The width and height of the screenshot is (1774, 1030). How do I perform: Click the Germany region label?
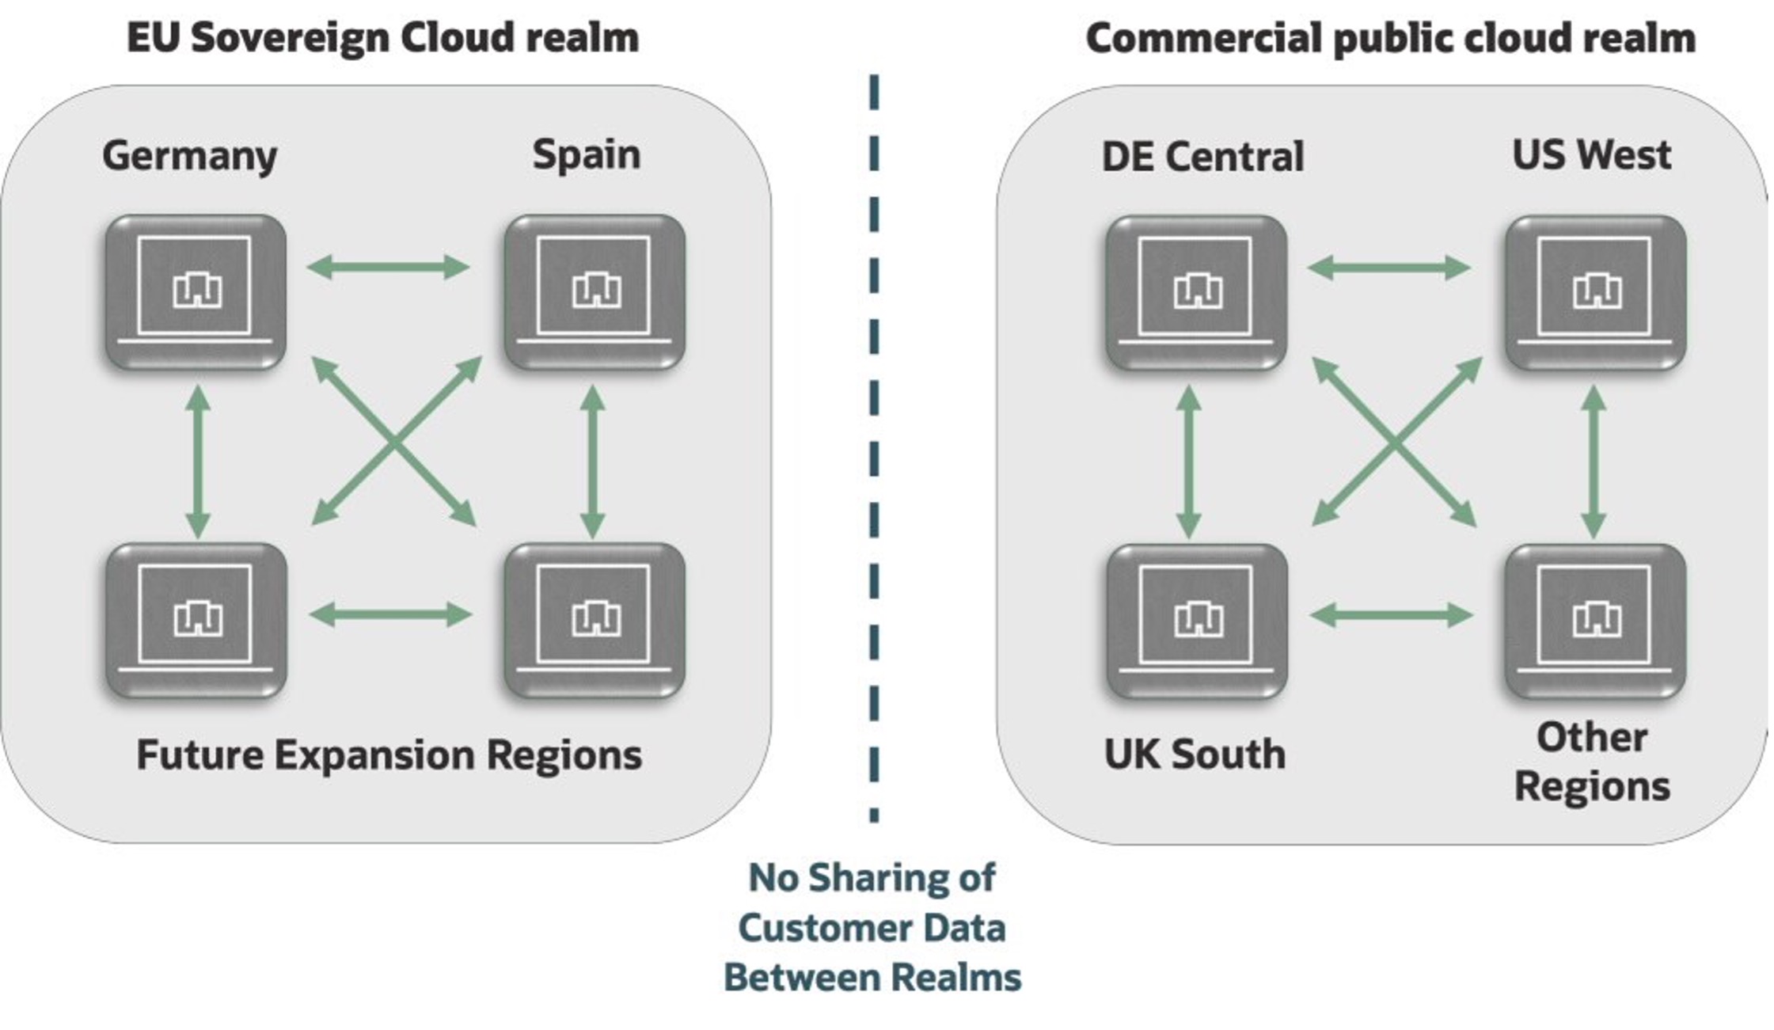(190, 156)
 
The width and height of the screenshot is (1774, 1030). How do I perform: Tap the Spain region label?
(586, 154)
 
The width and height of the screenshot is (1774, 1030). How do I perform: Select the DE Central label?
(1202, 156)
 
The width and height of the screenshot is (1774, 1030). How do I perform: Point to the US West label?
(1591, 154)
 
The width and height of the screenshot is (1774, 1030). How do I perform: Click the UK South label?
(1195, 754)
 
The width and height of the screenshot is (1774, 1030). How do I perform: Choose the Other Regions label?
(1592, 762)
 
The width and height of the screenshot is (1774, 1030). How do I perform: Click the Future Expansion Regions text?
(389, 754)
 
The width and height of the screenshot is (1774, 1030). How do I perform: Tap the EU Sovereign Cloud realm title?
(383, 37)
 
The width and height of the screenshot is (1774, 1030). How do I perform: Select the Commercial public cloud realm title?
(1390, 38)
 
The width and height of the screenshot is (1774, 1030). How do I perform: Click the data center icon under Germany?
(196, 292)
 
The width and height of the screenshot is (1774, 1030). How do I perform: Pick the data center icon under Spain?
(594, 292)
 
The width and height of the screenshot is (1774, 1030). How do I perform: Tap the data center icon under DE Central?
(1196, 293)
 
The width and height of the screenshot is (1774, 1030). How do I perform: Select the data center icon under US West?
(1595, 293)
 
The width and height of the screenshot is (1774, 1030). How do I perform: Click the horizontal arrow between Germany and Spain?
(388, 267)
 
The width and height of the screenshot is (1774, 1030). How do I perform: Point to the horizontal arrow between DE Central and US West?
(1388, 268)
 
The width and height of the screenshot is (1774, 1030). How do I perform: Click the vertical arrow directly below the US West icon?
(1593, 461)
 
